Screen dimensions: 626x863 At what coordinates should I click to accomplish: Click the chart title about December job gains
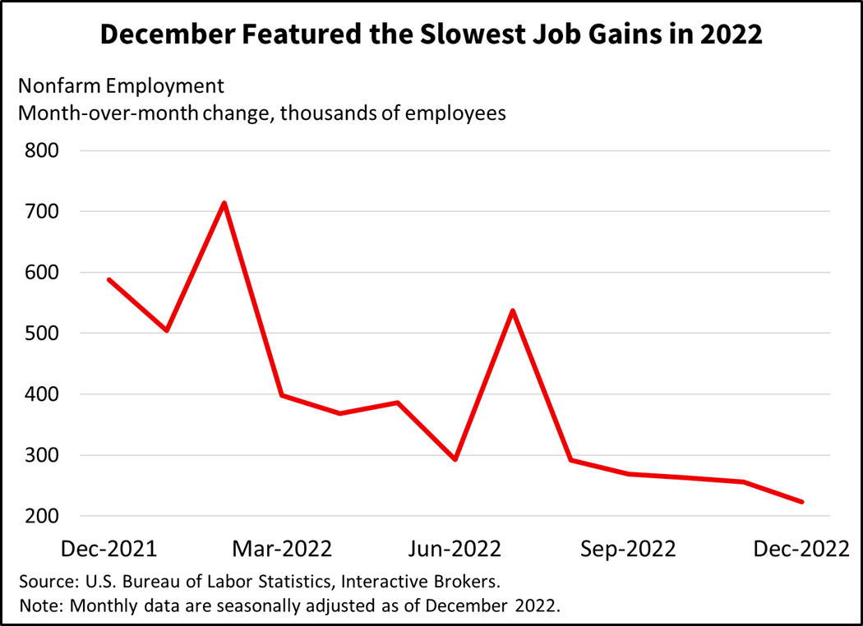pos(431,35)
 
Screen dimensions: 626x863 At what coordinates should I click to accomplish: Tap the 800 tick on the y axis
pos(41,151)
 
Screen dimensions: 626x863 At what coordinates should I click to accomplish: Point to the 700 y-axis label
pos(41,212)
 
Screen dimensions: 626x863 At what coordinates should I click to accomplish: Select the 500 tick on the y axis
pos(41,334)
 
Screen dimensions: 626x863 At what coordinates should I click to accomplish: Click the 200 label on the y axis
pos(41,517)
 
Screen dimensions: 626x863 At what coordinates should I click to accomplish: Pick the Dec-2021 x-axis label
pos(109,548)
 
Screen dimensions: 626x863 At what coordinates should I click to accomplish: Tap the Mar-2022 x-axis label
pos(282,548)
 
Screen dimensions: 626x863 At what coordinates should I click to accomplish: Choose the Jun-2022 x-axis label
pos(455,548)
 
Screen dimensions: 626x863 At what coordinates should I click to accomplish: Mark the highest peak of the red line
pos(224,203)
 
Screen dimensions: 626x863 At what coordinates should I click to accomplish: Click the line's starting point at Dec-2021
pos(109,280)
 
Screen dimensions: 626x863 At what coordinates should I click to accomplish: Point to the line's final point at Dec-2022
pos(801,502)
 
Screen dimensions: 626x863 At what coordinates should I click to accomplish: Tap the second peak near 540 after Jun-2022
pos(513,311)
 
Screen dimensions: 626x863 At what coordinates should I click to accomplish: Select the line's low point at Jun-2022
pos(455,459)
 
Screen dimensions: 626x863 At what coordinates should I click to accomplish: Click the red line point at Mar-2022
pos(282,395)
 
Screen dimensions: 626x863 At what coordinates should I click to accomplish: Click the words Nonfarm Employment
pos(121,86)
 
